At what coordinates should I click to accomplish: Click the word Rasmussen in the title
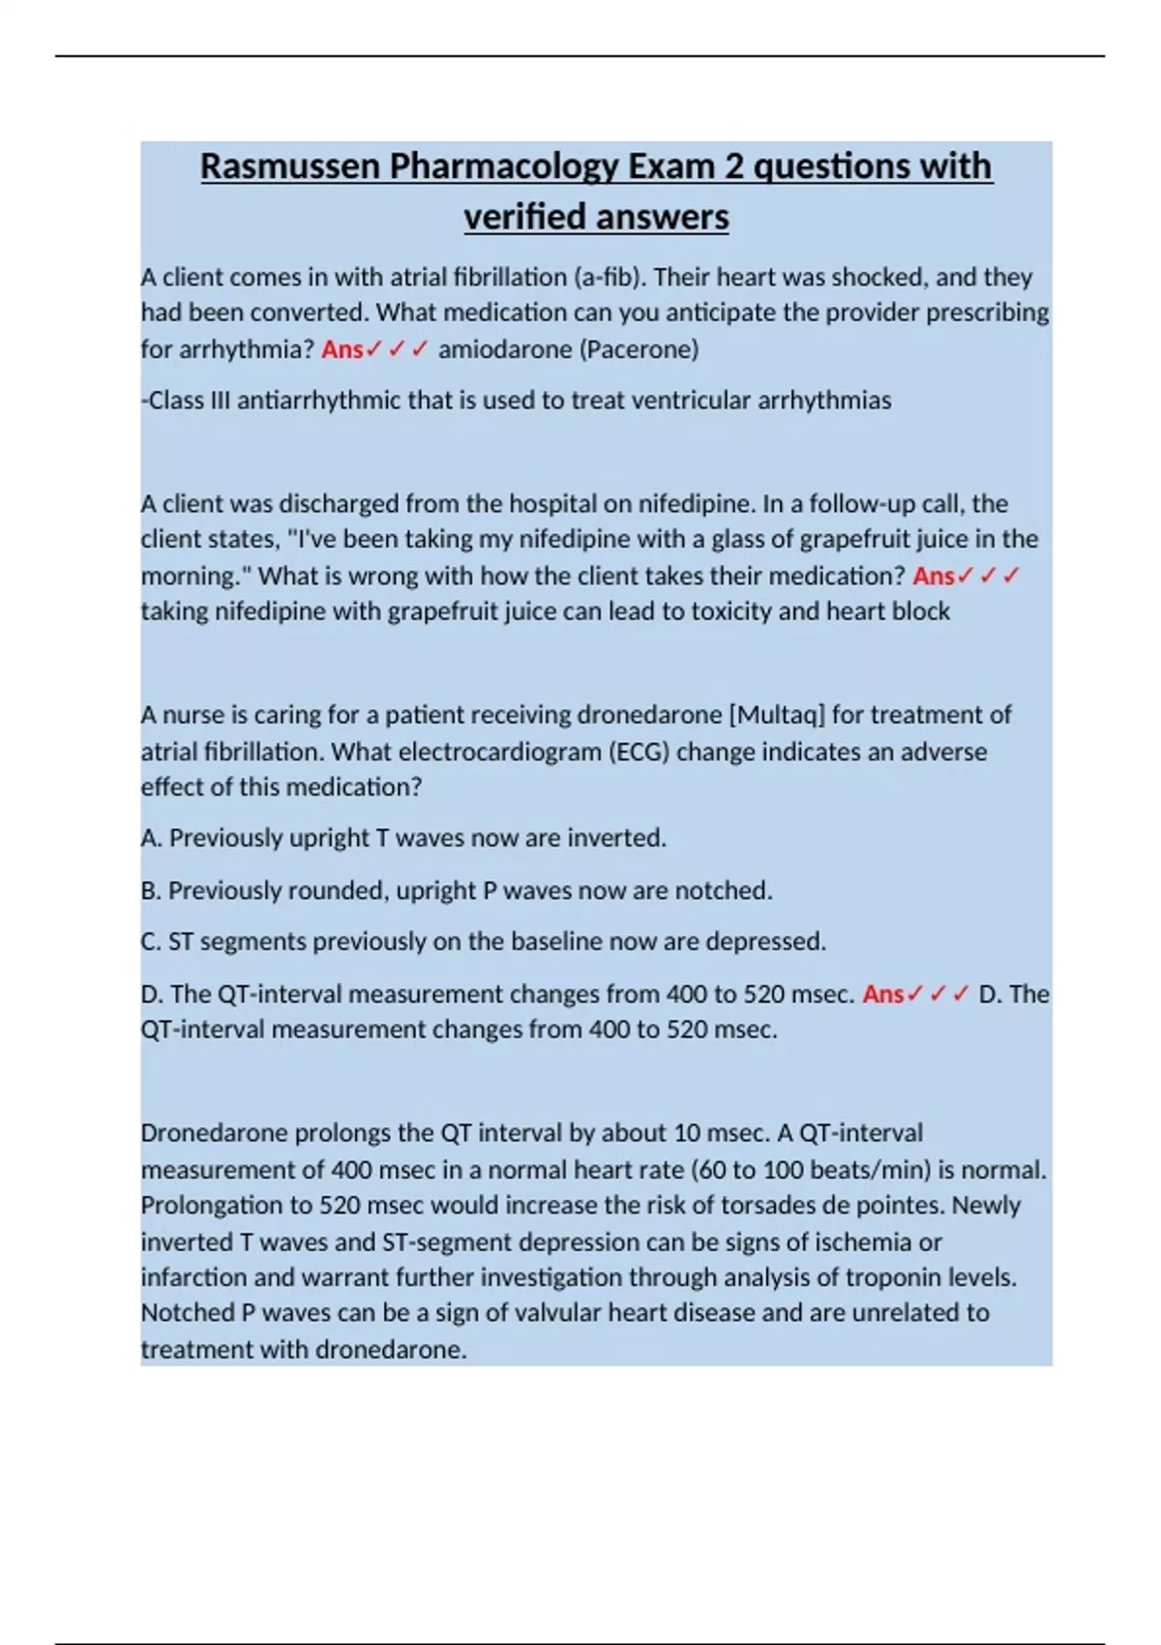(x=290, y=166)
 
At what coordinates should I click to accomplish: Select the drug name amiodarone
(x=505, y=349)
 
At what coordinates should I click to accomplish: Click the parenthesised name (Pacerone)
(x=639, y=349)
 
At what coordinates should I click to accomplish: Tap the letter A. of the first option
(x=151, y=838)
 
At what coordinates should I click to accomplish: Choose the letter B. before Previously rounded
(x=151, y=890)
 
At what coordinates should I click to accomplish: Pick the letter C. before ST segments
(x=151, y=942)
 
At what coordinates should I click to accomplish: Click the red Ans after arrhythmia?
(x=342, y=349)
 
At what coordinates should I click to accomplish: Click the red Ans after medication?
(x=934, y=577)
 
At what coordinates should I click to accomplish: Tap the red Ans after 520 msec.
(x=883, y=995)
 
